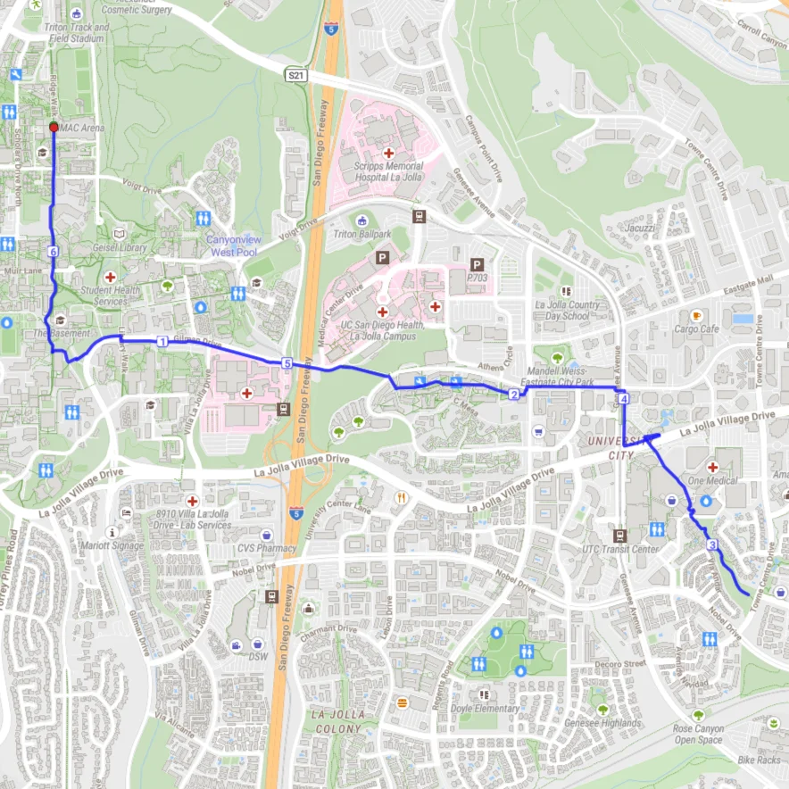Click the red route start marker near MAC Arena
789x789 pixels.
pyautogui.click(x=54, y=128)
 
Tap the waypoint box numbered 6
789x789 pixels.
pyautogui.click(x=54, y=253)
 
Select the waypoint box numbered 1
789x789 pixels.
pyautogui.click(x=162, y=341)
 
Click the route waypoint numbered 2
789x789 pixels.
pyautogui.click(x=514, y=394)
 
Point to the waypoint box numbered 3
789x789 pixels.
pyautogui.click(x=711, y=544)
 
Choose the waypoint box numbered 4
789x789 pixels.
pyautogui.click(x=623, y=398)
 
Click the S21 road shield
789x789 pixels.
pyautogui.click(x=296, y=78)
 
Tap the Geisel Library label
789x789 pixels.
pyautogui.click(x=119, y=247)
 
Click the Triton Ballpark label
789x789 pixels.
pyautogui.click(x=362, y=234)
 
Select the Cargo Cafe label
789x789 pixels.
pyautogui.click(x=697, y=328)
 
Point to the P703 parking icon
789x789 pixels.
pyautogui.click(x=478, y=265)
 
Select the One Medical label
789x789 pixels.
pyautogui.click(x=712, y=481)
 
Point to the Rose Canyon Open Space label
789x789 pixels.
pyautogui.click(x=698, y=734)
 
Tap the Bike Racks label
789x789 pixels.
pyautogui.click(x=758, y=759)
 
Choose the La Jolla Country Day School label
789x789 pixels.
pyautogui.click(x=567, y=310)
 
